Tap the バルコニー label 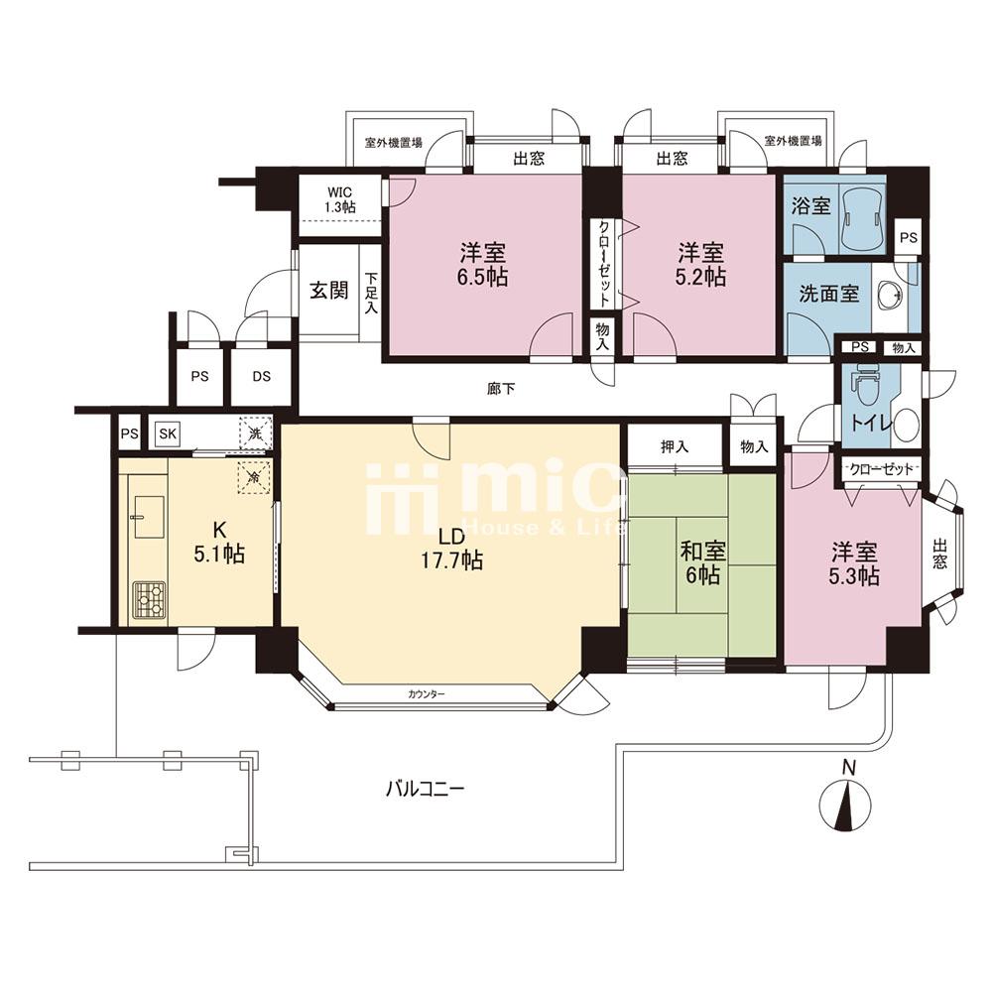pos(426,789)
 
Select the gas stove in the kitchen pos(150,598)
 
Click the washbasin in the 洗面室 pos(893,295)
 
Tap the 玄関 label pos(329,291)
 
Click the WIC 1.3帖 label pos(340,199)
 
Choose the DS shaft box pos(261,376)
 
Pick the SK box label pos(168,434)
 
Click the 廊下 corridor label pos(501,389)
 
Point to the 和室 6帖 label pos(703,562)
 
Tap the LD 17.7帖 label pos(452,548)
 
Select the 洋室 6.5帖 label pos(483,265)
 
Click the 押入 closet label pos(675,447)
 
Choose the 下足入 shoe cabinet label pos(371,293)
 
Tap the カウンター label pos(427,694)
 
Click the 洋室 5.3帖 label pos(855,563)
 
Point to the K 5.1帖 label pos(219,542)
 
